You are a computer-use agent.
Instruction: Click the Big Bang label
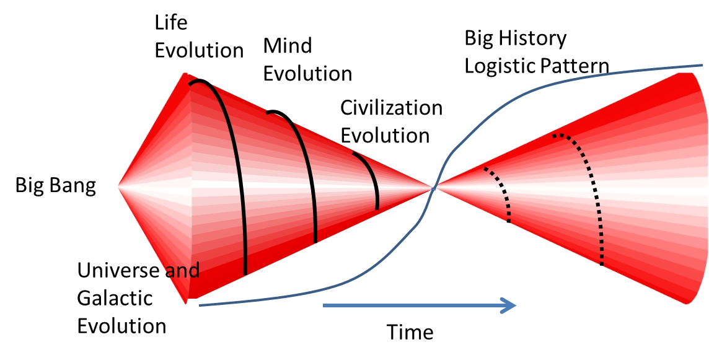coord(56,186)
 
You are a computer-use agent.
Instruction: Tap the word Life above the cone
coord(171,22)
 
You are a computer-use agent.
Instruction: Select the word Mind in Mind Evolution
coord(288,46)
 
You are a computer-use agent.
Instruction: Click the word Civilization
coord(391,108)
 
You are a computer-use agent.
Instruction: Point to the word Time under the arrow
coord(410,332)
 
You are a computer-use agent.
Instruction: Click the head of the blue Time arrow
coord(510,305)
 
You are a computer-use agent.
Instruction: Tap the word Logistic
coord(498,66)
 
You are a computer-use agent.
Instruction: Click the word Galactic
coord(115,298)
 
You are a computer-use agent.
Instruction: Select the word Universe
coord(119,270)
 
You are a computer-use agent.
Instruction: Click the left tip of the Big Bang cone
coord(118,186)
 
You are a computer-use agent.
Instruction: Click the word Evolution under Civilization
coord(385,136)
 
